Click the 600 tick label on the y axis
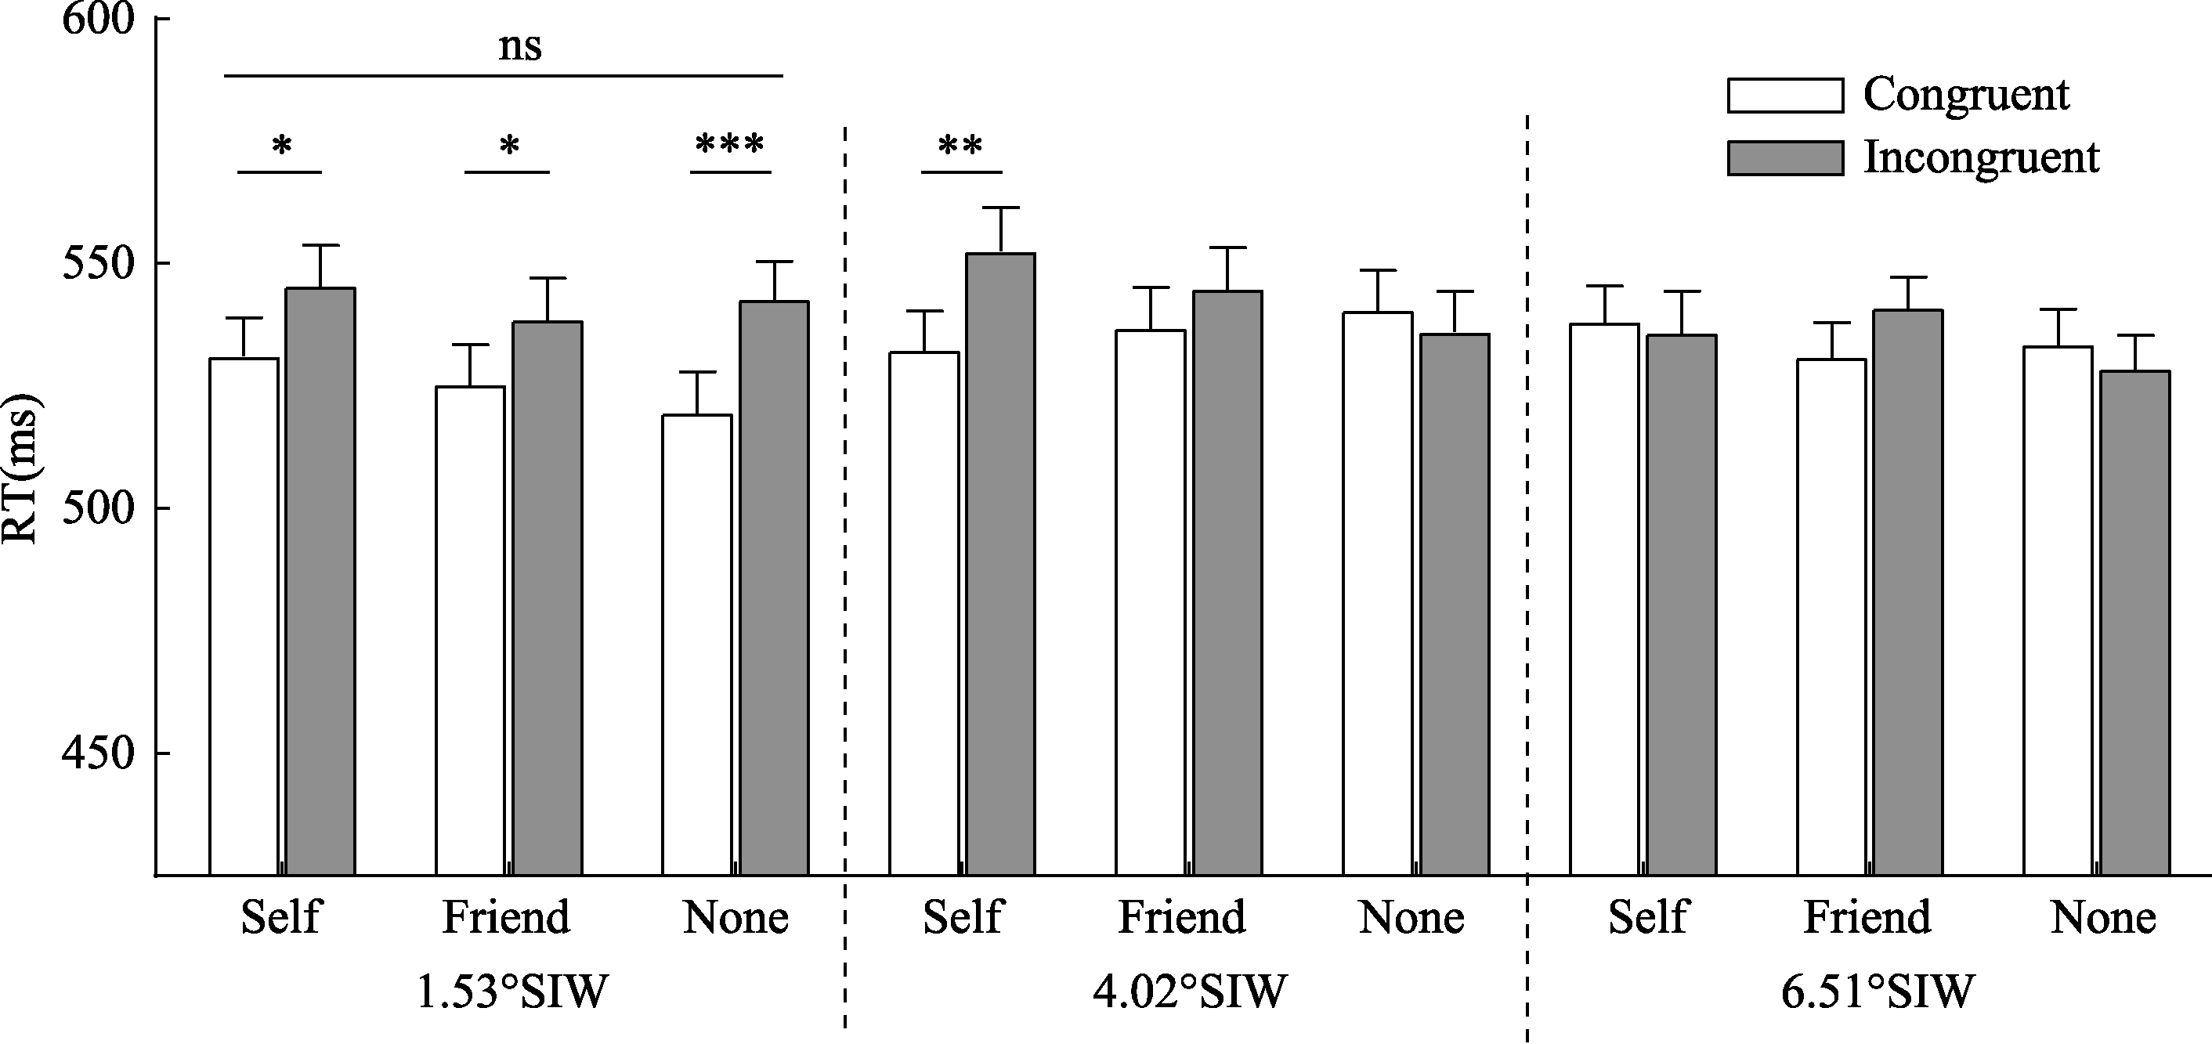99,19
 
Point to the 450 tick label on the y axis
99,753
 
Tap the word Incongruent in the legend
1981,158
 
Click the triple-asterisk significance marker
730,145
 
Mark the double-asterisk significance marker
961,146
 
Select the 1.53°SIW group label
511,992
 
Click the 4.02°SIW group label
1190,992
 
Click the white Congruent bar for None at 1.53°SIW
697,645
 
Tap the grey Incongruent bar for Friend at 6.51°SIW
1908,592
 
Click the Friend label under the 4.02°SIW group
1181,918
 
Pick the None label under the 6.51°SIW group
2103,918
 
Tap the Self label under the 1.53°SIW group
280,918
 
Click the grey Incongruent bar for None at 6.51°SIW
2135,623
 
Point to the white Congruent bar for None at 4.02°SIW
1377,593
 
